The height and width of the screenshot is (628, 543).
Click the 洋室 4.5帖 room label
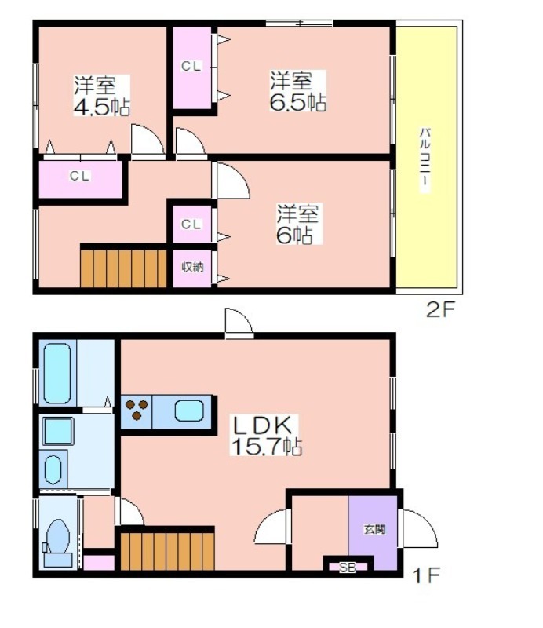tap(102, 95)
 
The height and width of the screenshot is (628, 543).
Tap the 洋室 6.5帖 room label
tap(298, 91)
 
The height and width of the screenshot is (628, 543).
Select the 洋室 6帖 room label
tap(297, 224)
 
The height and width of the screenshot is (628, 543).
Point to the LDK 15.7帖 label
tap(266, 436)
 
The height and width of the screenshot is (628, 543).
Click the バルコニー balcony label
tap(425, 159)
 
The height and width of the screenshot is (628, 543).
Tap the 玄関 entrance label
tap(374, 529)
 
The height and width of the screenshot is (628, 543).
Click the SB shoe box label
tap(348, 568)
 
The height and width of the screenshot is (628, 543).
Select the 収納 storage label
tap(192, 267)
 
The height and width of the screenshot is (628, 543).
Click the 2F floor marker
tap(439, 309)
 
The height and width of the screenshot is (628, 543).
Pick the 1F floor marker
tap(426, 575)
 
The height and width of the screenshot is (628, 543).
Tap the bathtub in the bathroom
tap(57, 373)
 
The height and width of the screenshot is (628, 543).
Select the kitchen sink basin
tap(189, 411)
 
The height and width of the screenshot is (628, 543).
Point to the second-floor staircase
tap(123, 268)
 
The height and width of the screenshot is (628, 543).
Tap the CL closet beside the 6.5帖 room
tap(191, 68)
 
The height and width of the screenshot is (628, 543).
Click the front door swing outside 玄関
tap(419, 528)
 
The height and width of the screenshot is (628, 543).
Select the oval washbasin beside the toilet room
tap(53, 469)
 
